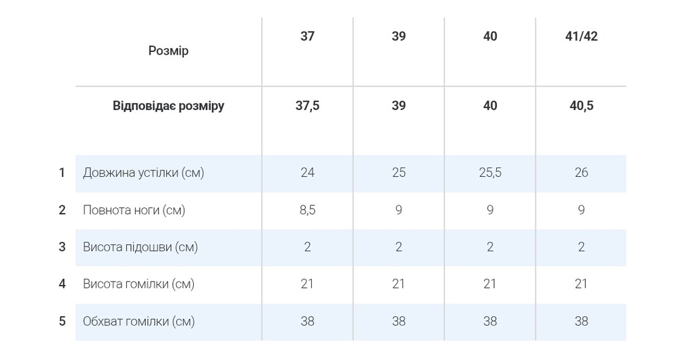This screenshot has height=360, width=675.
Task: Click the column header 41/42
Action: point(581,36)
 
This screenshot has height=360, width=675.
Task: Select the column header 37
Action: point(307,36)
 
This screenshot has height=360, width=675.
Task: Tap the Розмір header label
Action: point(168,51)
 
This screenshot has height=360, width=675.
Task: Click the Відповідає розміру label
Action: point(168,106)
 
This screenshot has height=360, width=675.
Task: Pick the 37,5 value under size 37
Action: point(307,106)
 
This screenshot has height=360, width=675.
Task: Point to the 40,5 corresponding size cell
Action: point(581,106)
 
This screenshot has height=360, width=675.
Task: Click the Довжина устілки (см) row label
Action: point(143,173)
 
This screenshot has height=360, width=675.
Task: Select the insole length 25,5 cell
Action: point(490,173)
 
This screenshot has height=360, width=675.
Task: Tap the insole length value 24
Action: point(307,173)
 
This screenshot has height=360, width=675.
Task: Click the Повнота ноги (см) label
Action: point(134,210)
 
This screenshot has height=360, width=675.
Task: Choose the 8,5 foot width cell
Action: point(307,210)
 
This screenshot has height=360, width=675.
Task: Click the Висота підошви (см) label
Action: point(140,247)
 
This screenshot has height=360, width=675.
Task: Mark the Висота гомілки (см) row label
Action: point(138,284)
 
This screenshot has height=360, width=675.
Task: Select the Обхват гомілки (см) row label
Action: point(138,322)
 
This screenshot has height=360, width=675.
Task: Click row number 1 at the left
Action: point(62,173)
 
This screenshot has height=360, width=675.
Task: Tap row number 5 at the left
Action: point(62,322)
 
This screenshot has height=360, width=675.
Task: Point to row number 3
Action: point(62,247)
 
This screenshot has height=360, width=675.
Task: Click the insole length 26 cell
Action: point(581,173)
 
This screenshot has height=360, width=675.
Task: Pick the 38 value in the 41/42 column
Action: point(581,322)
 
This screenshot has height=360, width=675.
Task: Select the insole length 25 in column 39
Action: point(399,173)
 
